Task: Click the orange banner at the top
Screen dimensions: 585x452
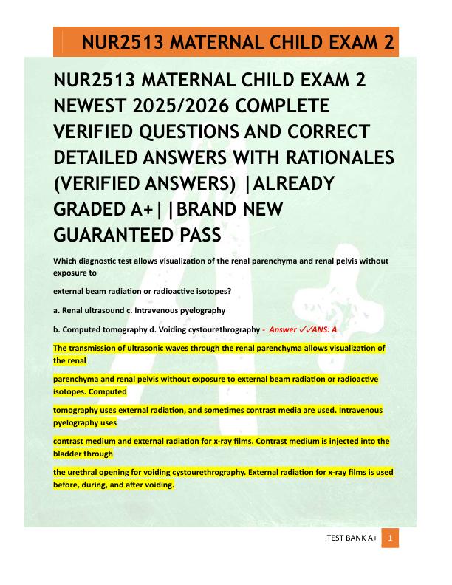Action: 226,42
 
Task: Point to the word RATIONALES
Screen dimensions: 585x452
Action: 329,157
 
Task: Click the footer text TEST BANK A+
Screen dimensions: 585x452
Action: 352,540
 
